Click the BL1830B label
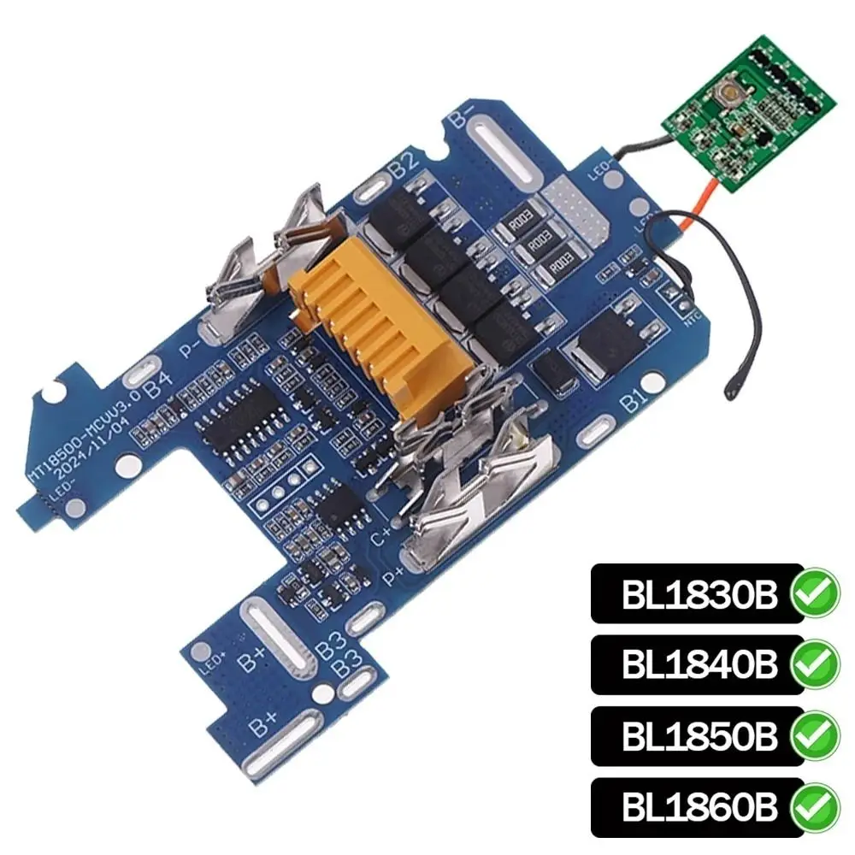(696, 594)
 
